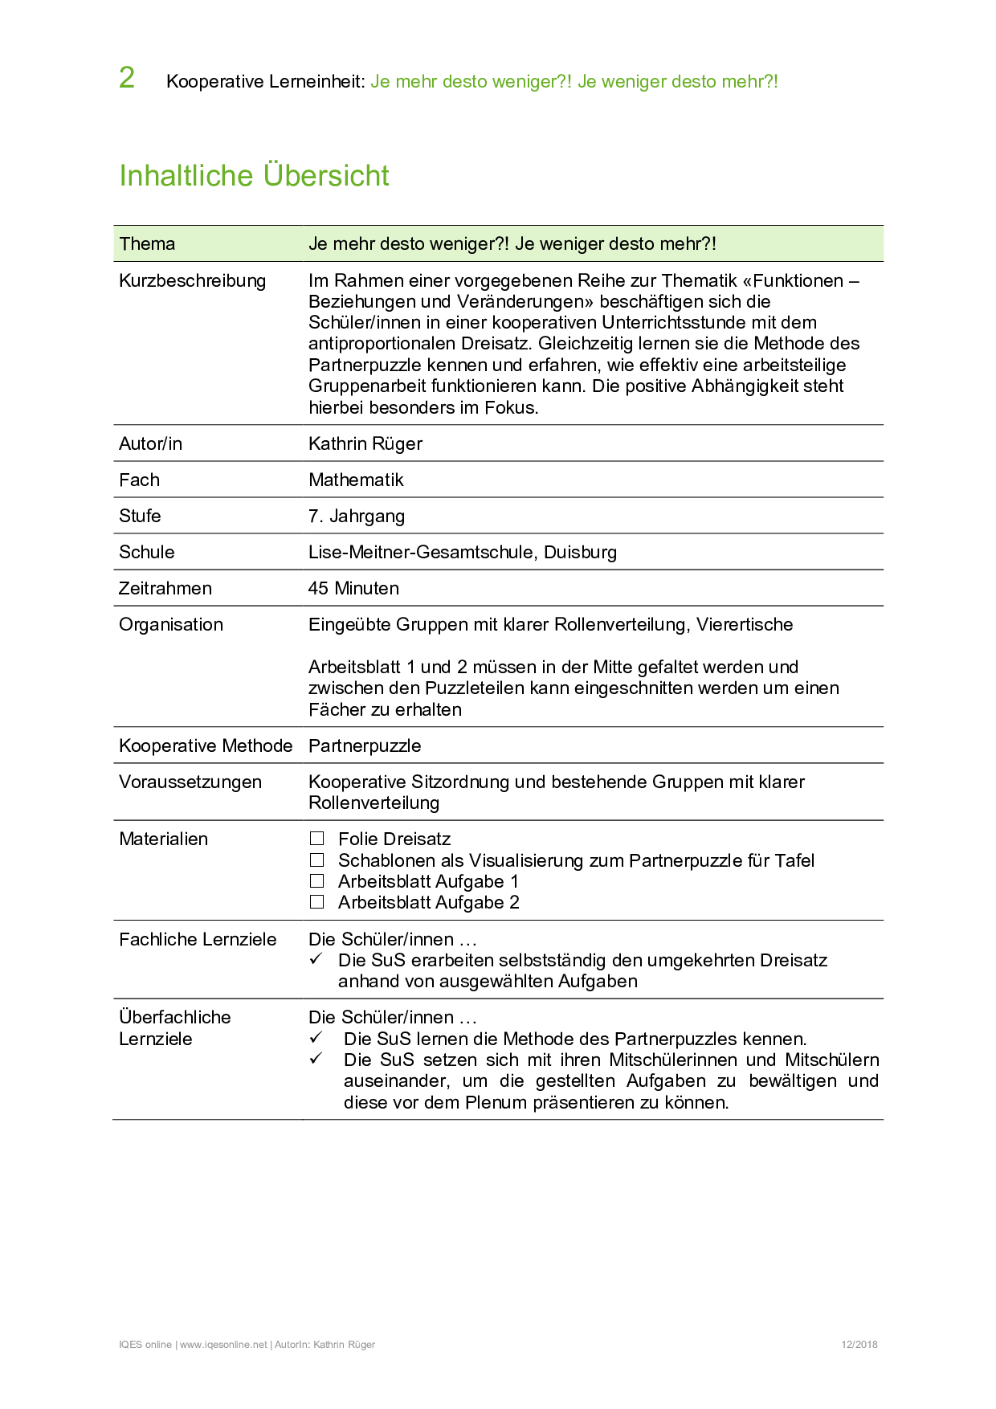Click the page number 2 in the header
coord(127,78)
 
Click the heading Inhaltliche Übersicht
coord(254,176)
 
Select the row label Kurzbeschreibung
coord(192,281)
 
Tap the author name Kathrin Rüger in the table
coord(365,444)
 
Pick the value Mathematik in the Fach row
coord(356,480)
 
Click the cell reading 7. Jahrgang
coord(357,517)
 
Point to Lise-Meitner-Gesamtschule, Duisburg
coord(463,553)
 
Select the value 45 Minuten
coord(353,589)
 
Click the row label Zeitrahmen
coord(165,589)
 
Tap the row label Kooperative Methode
coord(206,746)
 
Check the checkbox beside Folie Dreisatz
coord(317,839)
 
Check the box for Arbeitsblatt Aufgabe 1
coord(317,881)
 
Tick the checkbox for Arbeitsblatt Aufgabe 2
coord(317,902)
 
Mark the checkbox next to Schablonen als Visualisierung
coord(317,860)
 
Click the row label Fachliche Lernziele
coord(198,940)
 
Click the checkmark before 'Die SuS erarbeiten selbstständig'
coord(316,959)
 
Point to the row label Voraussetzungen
coord(190,782)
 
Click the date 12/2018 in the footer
coord(859,1345)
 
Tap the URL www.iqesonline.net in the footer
coord(223,1345)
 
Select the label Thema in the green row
coord(147,244)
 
